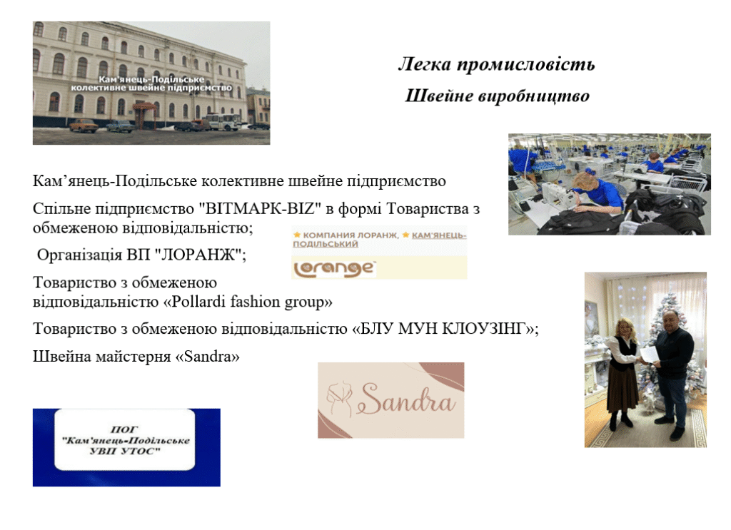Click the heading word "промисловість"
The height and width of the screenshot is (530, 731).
coord(525,64)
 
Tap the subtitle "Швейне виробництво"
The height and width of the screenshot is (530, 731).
coord(497,96)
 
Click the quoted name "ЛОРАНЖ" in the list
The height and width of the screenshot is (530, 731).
coord(198,255)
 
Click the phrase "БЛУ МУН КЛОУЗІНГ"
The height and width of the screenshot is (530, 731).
coord(443,329)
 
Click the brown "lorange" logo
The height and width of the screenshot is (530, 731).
coord(334,269)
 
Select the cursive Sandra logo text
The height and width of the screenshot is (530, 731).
coord(406,399)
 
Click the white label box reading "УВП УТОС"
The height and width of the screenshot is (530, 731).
coord(125,439)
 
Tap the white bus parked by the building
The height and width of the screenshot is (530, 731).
coord(223,122)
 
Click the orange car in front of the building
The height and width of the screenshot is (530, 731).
coord(84,126)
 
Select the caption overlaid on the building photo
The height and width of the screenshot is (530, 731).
coord(151,83)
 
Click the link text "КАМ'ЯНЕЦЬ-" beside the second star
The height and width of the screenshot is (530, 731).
coord(439,235)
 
